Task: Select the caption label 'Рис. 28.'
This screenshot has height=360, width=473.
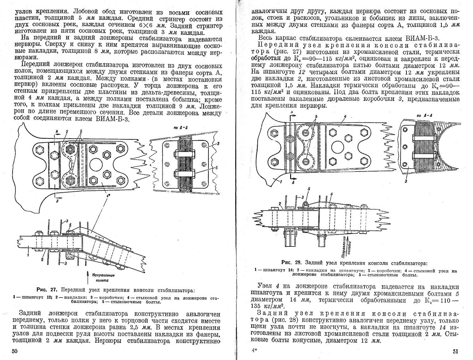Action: point(292,262)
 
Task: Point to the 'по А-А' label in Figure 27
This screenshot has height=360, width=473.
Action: point(179,128)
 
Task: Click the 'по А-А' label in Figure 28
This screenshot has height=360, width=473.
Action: point(423,116)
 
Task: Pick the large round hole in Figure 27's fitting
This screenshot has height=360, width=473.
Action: point(96,164)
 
